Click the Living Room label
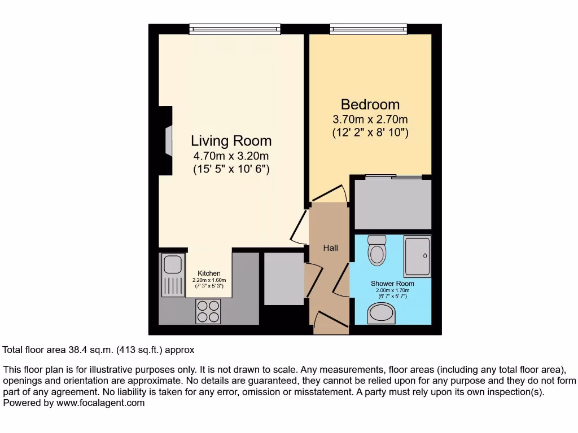(231, 140)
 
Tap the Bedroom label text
(370, 104)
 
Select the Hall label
(330, 248)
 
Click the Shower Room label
(392, 284)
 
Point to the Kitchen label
(209, 273)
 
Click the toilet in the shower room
(376, 250)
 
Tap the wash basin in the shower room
(381, 313)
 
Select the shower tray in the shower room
(417, 256)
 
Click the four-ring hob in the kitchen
(208, 311)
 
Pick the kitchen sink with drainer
(171, 275)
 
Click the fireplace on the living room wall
(165, 140)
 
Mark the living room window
(235, 29)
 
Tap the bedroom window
(369, 29)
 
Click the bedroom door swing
(330, 194)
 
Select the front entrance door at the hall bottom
(330, 321)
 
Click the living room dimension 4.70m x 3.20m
(231, 156)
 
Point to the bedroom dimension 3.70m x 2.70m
(370, 120)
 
